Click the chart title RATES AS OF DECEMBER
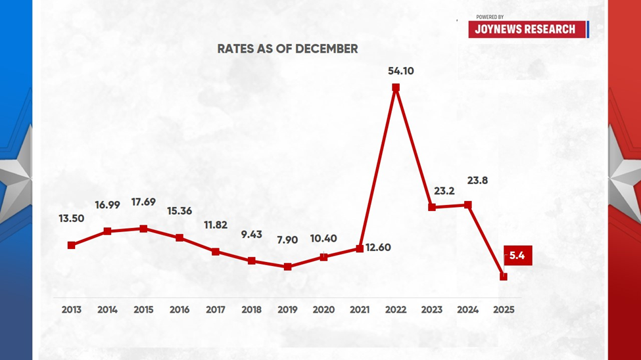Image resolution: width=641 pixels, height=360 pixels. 287,49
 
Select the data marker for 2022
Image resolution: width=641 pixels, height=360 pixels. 396,87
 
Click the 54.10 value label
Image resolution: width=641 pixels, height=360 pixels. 400,71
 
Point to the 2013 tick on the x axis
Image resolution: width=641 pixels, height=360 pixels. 72,309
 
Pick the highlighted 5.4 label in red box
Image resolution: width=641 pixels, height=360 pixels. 517,256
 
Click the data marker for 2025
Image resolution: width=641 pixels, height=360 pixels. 504,277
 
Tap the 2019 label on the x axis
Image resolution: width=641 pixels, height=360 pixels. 287,309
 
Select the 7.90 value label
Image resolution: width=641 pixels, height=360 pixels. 287,240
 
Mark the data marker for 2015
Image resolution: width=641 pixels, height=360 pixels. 143,229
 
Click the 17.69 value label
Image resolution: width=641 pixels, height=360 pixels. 143,202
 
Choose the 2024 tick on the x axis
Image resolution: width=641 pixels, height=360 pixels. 467,309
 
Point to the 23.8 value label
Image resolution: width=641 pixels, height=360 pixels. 477,180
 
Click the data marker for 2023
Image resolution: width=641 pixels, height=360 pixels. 432,207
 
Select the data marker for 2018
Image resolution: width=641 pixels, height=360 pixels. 252,261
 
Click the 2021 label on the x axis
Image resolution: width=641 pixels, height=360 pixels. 360,309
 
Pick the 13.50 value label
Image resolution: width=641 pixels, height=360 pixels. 72,219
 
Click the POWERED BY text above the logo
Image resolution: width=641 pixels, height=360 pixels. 490,17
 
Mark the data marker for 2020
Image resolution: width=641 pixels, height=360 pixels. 323,257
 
